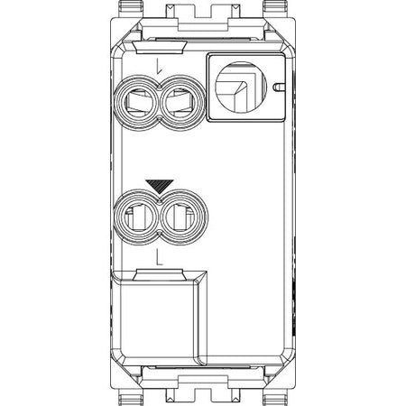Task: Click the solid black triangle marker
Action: click(x=160, y=185)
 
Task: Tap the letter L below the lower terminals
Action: click(x=160, y=258)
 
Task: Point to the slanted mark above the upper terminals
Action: click(x=159, y=66)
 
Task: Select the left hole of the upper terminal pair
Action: click(x=137, y=103)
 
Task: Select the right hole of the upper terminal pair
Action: click(x=183, y=103)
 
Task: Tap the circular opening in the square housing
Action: click(x=241, y=88)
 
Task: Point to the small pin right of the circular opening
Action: click(x=278, y=87)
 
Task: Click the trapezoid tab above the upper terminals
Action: click(x=160, y=48)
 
